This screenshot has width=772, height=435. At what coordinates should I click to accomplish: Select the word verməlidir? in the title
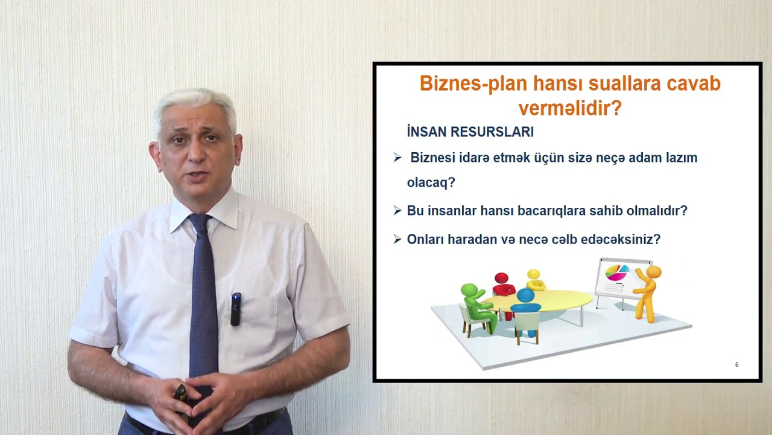[569, 108]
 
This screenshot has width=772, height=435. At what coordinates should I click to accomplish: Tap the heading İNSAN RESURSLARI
[470, 132]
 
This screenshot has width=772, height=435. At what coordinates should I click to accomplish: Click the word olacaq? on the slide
[431, 182]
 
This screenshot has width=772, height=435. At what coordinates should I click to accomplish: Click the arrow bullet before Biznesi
[397, 158]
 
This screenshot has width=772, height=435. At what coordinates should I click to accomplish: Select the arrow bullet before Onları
[397, 239]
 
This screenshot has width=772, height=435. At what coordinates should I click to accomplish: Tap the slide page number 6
[736, 364]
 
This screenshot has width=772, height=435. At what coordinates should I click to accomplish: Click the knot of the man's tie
[200, 224]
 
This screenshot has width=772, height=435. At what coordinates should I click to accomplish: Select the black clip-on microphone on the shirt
[236, 308]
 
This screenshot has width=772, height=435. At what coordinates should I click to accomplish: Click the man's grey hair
[194, 103]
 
